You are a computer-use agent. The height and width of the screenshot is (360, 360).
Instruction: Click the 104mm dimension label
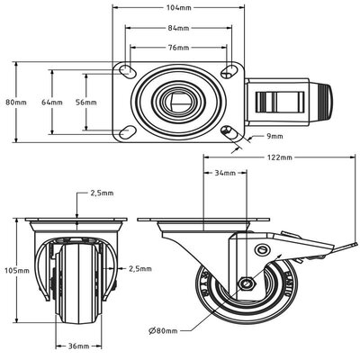178,8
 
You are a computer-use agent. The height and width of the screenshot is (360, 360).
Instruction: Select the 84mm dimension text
178,28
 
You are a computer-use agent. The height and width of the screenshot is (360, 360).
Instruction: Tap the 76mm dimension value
178,48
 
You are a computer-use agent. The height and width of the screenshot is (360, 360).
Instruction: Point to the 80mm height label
16,103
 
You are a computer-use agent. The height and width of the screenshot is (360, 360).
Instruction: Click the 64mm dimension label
52,103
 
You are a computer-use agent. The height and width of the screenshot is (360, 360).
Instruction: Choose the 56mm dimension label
86,103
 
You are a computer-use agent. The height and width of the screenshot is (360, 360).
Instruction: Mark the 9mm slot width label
274,136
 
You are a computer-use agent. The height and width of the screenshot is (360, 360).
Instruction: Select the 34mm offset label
225,173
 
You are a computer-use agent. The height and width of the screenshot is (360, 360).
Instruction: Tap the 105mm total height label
17,270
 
